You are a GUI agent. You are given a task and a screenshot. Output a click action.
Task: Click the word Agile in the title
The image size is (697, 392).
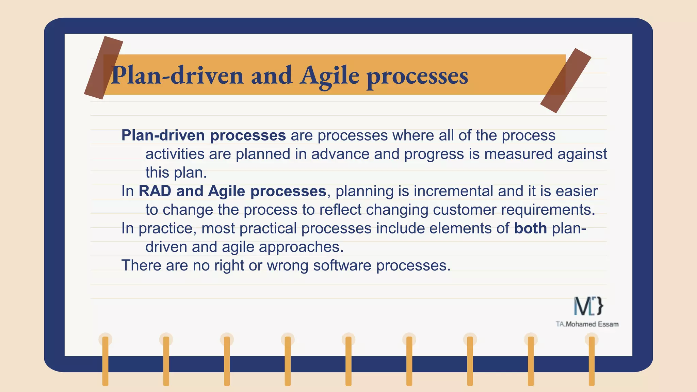point(329,76)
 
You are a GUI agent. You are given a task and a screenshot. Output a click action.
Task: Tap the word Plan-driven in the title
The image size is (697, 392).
point(177,76)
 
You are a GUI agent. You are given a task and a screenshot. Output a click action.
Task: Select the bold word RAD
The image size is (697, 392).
point(155,191)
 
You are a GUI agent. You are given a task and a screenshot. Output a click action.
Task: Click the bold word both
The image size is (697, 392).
point(530,228)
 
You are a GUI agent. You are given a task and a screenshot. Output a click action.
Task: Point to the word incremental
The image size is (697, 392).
point(453,191)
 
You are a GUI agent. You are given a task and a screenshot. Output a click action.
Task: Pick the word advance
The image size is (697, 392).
point(340,154)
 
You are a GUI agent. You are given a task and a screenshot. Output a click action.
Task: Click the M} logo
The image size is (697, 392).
point(588,306)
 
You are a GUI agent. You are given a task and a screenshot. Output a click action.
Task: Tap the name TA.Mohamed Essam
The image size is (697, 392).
point(587,324)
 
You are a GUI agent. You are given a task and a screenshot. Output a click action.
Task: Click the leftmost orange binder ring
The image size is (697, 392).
point(105,361)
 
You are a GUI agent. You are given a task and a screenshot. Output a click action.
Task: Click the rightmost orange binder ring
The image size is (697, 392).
point(591,361)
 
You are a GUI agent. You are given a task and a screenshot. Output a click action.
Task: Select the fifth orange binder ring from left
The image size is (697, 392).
point(348,361)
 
